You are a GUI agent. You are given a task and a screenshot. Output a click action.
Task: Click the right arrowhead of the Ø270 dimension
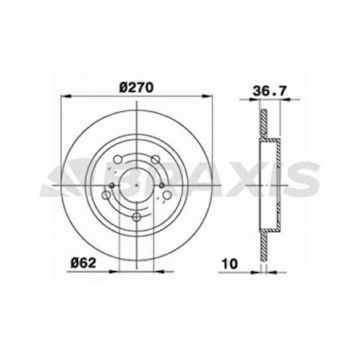(214, 98)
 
